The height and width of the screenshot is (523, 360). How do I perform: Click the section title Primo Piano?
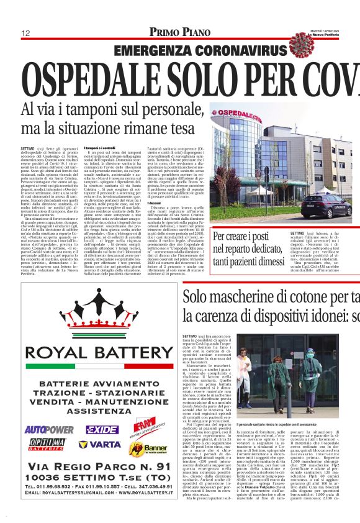[x=179, y=32]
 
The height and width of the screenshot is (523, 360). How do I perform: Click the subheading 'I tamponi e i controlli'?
[x=100, y=148]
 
